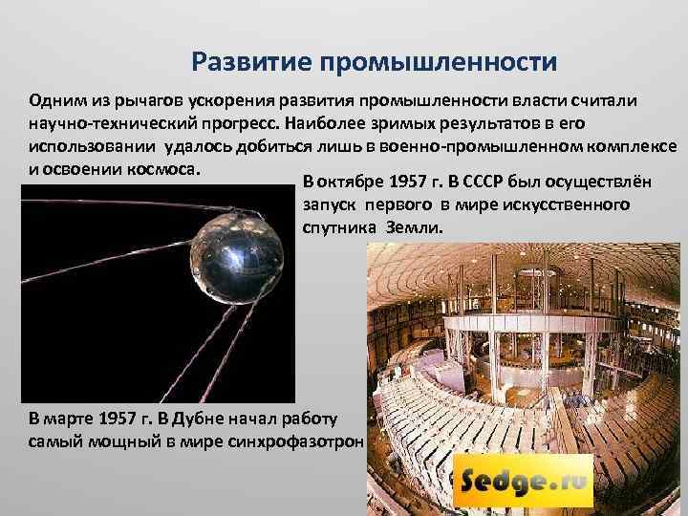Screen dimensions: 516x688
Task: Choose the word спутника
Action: [x=339, y=229]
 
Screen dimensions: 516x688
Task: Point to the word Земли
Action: [x=414, y=229]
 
